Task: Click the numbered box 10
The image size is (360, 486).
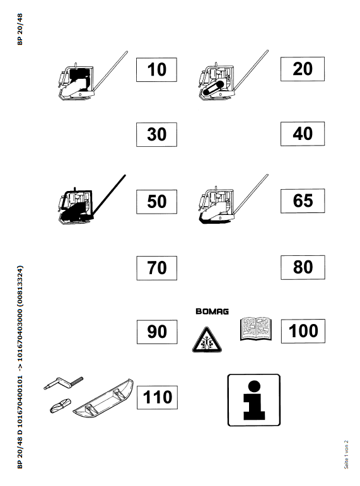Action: pos(156,70)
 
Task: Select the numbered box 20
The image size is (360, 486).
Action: pos(303,69)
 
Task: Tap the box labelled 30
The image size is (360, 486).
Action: pos(156,134)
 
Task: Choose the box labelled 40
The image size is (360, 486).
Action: pos(303,134)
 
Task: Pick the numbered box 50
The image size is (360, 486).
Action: pos(156,202)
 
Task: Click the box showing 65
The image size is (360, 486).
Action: pos(303,201)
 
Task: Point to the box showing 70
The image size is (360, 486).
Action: pos(156,268)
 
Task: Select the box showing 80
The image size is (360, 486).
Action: pos(303,267)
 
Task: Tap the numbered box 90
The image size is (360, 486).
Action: pos(157,332)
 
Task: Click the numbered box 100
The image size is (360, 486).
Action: pos(303,331)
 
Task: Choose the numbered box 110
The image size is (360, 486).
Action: pos(157,397)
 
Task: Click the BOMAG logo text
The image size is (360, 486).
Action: pos(212,311)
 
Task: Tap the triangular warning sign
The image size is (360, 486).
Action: pos(207,340)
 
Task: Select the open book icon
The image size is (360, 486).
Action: pos(256,329)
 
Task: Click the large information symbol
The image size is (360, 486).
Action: pos(254,400)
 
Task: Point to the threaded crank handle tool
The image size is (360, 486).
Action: pos(64,383)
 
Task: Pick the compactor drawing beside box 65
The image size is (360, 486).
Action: pos(233,199)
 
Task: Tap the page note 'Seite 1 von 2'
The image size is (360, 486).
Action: pos(346,454)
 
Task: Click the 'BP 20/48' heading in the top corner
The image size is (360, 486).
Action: pos(20,29)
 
